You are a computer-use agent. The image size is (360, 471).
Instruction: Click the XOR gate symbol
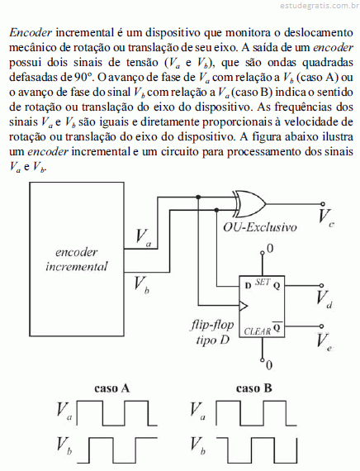pyautogui.click(x=250, y=204)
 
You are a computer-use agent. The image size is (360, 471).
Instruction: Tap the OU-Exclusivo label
pyautogui.click(x=260, y=226)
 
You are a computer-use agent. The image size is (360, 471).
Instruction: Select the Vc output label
pyautogui.click(x=326, y=216)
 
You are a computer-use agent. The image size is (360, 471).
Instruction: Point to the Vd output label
pyautogui.click(x=324, y=299)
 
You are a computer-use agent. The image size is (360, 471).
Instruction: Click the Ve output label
pyautogui.click(x=324, y=341)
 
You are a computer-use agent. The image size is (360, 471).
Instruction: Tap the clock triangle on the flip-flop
pyautogui.click(x=244, y=306)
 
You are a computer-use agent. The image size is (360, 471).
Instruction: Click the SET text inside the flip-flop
pyautogui.click(x=263, y=282)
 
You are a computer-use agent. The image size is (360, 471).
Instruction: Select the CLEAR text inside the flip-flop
pyautogui.click(x=258, y=331)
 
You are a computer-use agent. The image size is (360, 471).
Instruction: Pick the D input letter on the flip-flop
pyautogui.click(x=248, y=285)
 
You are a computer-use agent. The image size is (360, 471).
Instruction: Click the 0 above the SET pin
pyautogui.click(x=270, y=249)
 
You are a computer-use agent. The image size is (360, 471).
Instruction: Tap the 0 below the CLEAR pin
pyautogui.click(x=269, y=365)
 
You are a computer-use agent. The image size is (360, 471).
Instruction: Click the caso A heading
pyautogui.click(x=112, y=388)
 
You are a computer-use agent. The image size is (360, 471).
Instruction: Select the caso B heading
pyautogui.click(x=254, y=388)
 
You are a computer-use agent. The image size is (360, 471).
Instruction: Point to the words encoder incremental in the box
pyautogui.click(x=77, y=259)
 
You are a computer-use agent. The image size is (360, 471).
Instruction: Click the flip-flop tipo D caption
pyautogui.click(x=211, y=332)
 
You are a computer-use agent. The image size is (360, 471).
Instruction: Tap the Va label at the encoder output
pyautogui.click(x=143, y=238)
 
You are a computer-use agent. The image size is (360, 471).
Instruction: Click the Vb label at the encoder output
pyautogui.click(x=142, y=285)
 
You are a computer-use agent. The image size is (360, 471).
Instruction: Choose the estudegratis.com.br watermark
pyautogui.click(x=320, y=6)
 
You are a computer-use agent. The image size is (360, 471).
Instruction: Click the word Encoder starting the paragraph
pyautogui.click(x=31, y=32)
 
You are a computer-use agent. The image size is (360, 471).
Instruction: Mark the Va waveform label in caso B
pyautogui.click(x=197, y=411)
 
